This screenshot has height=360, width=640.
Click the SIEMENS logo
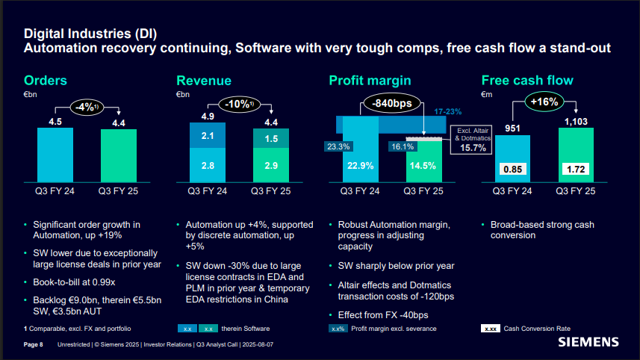pos(589,342)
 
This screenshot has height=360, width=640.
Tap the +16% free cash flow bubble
pos(544,102)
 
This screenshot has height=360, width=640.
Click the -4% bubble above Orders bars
pos(87,107)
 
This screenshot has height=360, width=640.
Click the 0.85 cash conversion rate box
pos(514,169)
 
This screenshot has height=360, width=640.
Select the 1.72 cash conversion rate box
pos(576,169)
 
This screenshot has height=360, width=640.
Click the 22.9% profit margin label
pos(361,167)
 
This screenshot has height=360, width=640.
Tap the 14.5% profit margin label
pos(423,167)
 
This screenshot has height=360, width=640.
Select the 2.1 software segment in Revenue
pos(208,136)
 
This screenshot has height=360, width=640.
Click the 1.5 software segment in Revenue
pos(271,139)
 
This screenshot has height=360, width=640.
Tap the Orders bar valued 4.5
pos(55,155)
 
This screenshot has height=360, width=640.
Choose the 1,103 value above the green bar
pos(576,121)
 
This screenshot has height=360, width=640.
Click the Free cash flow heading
pos(527,81)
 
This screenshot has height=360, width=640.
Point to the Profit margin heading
pos(370,81)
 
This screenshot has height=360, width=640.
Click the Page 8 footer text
pos(34,344)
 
